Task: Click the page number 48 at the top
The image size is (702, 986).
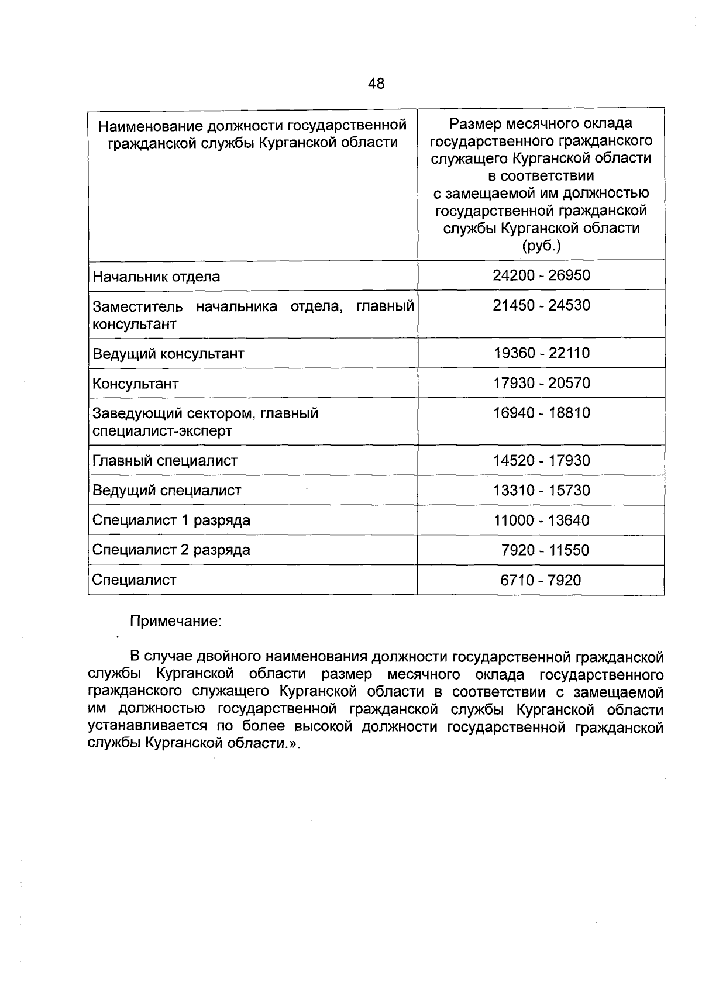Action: (x=376, y=84)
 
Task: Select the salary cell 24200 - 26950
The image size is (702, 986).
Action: (x=541, y=275)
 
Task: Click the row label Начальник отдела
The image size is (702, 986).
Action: (x=156, y=277)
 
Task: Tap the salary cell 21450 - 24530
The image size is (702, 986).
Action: (x=541, y=305)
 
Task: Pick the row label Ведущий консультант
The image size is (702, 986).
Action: (x=168, y=354)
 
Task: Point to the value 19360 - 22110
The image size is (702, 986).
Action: (x=541, y=353)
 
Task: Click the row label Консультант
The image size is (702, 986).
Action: (x=136, y=384)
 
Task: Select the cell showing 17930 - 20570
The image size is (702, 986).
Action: (x=541, y=383)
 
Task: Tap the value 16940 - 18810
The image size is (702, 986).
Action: (x=541, y=413)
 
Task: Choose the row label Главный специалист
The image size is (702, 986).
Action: (x=165, y=461)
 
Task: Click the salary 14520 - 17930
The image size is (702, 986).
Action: (x=541, y=460)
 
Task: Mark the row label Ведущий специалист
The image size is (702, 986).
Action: (x=167, y=491)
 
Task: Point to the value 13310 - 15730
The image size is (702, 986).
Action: (x=541, y=490)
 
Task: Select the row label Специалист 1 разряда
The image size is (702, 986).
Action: (x=171, y=520)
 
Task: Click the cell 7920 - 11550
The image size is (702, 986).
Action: (x=545, y=550)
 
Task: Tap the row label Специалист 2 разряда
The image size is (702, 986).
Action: (x=171, y=550)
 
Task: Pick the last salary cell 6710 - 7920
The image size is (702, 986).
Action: (x=541, y=580)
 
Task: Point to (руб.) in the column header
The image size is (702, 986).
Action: (x=541, y=246)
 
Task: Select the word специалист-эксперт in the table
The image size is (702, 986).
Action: (x=163, y=431)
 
